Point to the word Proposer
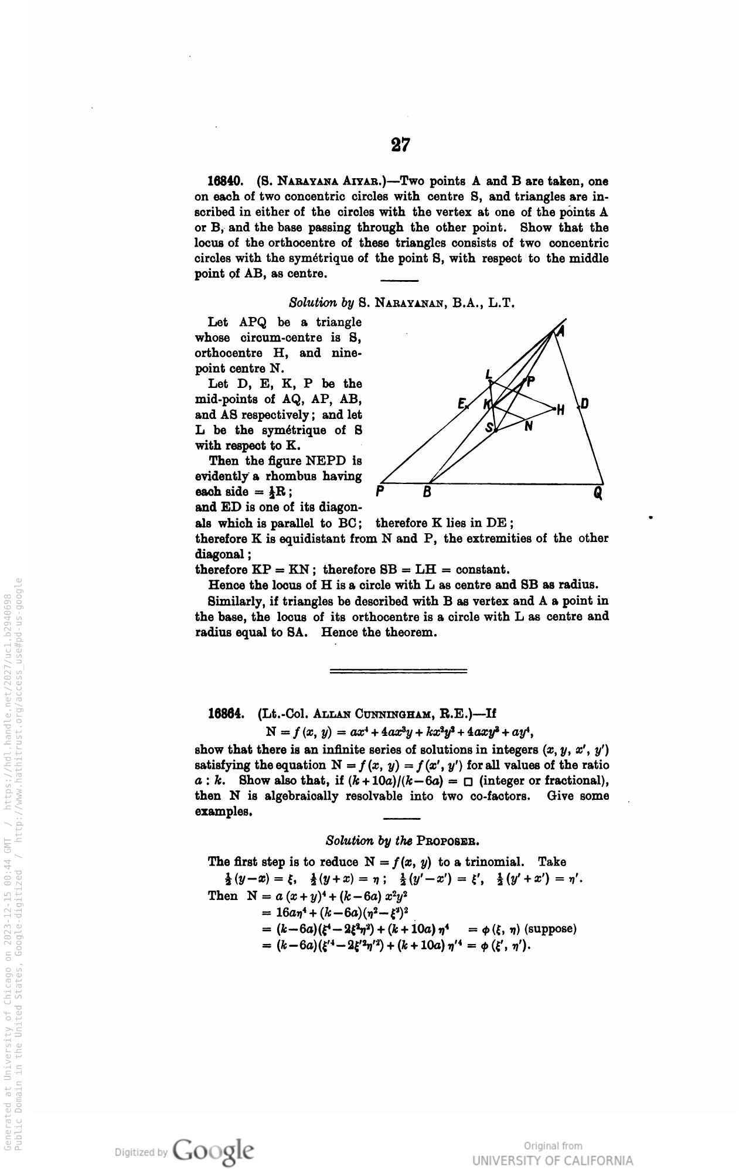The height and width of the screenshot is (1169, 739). [448, 842]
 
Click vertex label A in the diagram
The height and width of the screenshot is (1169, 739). [561, 332]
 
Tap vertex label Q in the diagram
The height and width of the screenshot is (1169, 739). [598, 493]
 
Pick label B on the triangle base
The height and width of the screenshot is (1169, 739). [428, 493]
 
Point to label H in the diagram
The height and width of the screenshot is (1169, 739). [560, 411]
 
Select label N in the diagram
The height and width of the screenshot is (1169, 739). [529, 427]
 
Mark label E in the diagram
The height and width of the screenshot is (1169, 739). [461, 403]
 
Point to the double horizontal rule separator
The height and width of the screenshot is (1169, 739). [399, 670]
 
